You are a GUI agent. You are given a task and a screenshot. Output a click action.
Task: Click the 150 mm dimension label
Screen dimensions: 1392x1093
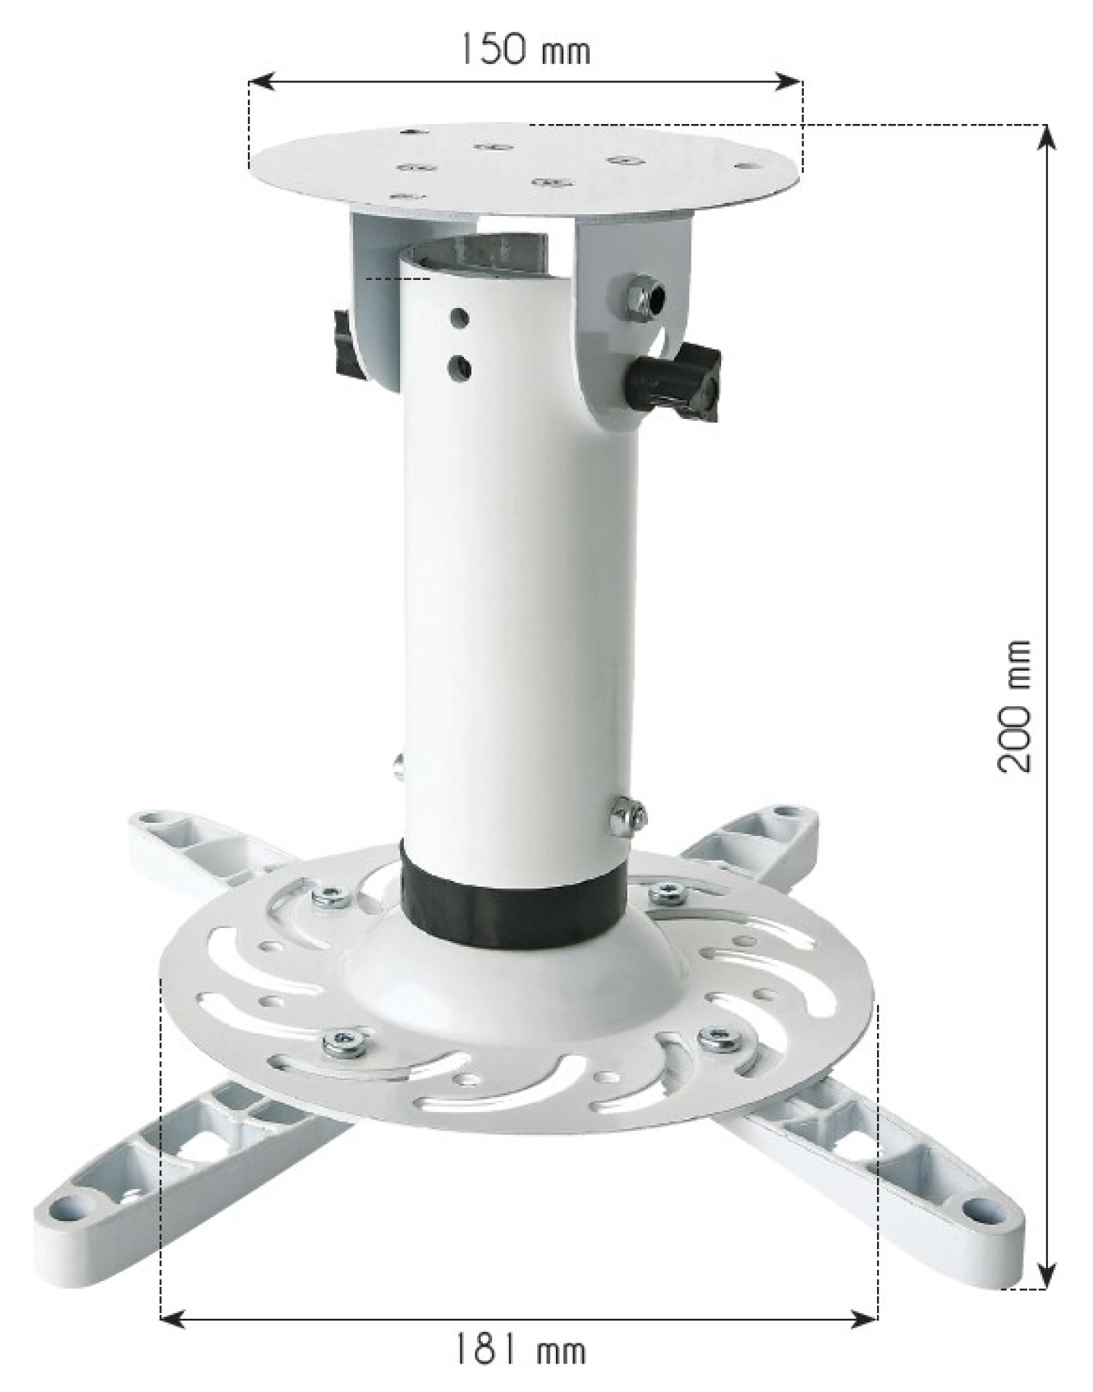pos(525,50)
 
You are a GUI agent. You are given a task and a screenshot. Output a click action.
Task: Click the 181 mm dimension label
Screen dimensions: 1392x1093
pos(520,1350)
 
